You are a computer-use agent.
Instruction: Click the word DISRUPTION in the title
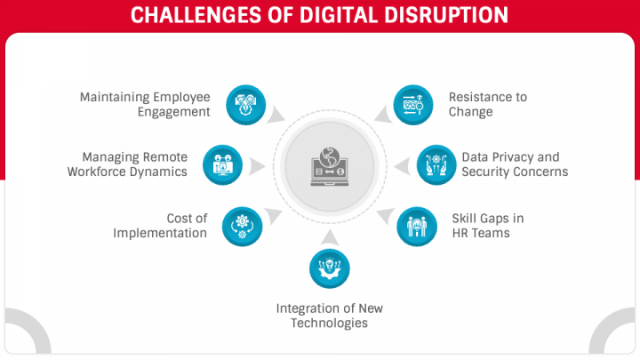pyautogui.click(x=446, y=15)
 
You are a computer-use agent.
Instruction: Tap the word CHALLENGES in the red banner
pyautogui.click(x=196, y=15)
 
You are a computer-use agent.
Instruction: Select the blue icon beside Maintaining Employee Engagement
pyautogui.click(x=245, y=105)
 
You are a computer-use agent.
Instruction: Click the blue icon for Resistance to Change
pyautogui.click(x=413, y=105)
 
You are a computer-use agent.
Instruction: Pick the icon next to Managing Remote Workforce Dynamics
pyautogui.click(x=222, y=165)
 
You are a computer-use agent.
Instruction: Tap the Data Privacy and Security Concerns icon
pyautogui.click(x=436, y=165)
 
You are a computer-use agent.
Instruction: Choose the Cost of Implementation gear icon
pyautogui.click(x=242, y=227)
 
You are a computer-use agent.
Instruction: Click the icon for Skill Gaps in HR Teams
pyautogui.click(x=417, y=227)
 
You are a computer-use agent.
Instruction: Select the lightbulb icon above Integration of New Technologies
pyautogui.click(x=330, y=268)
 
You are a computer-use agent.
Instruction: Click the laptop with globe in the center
pyautogui.click(x=330, y=166)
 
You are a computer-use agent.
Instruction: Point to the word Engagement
pyautogui.click(x=174, y=112)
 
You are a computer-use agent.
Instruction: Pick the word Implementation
pyautogui.click(x=160, y=233)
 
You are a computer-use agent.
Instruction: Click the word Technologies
pyautogui.click(x=330, y=324)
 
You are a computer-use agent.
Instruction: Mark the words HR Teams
pyautogui.click(x=481, y=233)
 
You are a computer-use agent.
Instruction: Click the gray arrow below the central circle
pyautogui.click(x=330, y=237)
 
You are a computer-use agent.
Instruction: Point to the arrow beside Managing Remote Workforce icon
pyautogui.click(x=257, y=166)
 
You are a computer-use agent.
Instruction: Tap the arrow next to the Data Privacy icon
pyautogui.click(x=402, y=166)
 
